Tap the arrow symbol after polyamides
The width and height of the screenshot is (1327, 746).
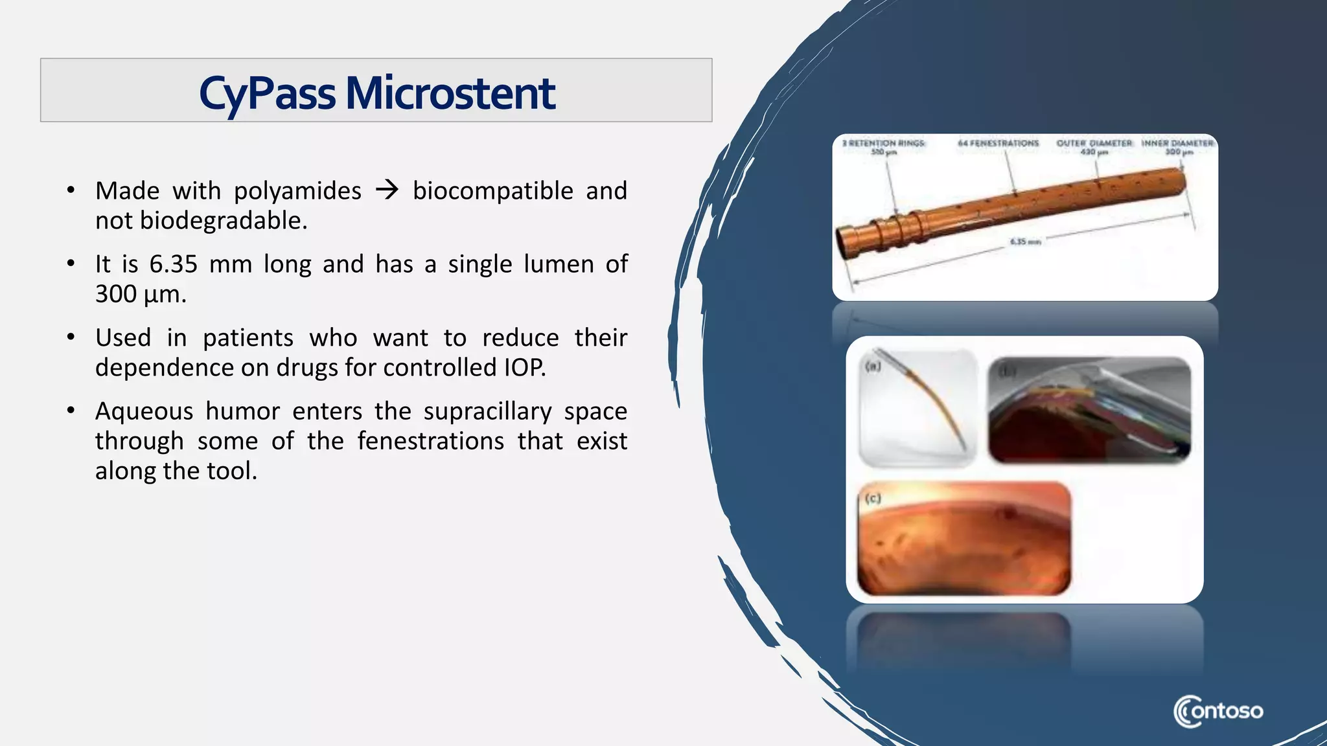point(387,190)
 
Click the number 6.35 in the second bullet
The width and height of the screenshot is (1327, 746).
point(173,264)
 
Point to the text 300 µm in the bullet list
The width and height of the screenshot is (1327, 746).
point(141,294)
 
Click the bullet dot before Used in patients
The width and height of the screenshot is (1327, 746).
point(71,337)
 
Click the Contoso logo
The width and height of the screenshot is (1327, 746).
point(1217,711)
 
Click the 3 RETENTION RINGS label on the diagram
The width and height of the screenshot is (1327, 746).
point(884,144)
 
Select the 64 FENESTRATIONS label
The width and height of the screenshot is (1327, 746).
point(998,143)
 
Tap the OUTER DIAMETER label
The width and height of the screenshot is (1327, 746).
point(1094,143)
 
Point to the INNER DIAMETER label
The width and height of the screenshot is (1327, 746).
point(1177,143)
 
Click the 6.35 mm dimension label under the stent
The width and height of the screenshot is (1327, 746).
point(1025,242)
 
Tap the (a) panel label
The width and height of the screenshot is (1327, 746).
point(873,367)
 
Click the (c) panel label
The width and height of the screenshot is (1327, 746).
point(873,498)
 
